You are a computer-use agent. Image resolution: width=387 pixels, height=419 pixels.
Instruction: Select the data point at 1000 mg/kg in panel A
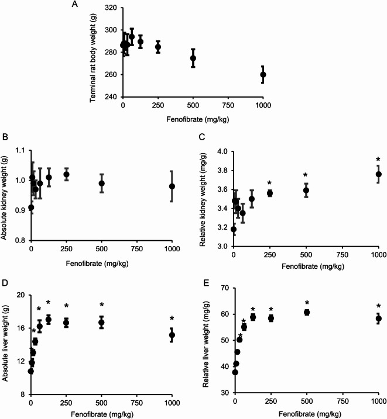[263, 75]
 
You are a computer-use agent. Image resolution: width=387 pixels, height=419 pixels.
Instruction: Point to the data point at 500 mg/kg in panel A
[193, 58]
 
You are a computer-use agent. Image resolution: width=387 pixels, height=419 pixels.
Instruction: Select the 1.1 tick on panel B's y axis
[19, 151]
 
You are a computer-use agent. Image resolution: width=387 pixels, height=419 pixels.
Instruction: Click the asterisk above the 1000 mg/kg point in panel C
[378, 160]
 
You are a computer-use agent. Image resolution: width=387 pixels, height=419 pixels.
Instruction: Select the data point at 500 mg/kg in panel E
[306, 312]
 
